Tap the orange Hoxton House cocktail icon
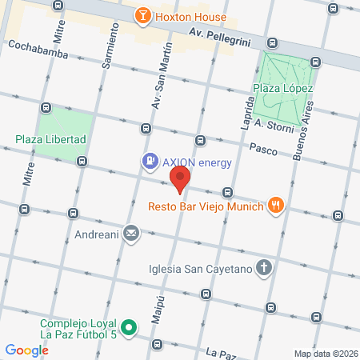point(142,16)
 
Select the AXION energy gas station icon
point(149,162)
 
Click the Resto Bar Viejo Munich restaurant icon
point(276,206)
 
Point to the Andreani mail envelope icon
point(131,234)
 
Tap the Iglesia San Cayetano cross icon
point(265,269)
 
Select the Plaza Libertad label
point(50,139)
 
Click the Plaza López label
point(282,88)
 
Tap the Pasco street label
point(263,149)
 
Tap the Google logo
point(27,350)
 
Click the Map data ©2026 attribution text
point(325,354)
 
